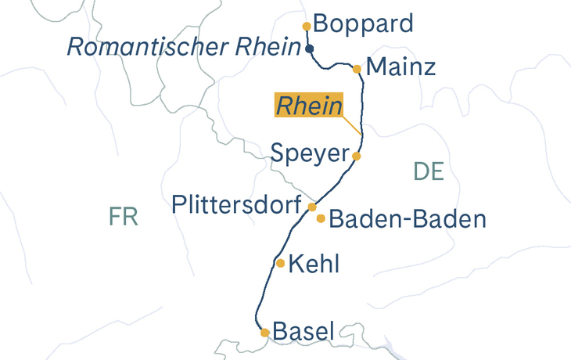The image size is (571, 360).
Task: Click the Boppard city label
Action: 363,23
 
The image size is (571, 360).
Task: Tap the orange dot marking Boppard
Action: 307,26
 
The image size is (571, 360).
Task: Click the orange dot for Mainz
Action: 357,69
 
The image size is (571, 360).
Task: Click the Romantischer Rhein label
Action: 184,47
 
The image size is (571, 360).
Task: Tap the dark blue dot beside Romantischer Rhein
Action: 310,49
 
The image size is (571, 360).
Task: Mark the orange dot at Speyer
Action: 356,157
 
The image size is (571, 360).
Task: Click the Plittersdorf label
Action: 237,206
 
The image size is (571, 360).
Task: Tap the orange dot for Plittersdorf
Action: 312,207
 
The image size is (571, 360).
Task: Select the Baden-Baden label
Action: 408,219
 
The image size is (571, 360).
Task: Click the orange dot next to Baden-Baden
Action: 321,218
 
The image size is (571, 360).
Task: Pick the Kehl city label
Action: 314,265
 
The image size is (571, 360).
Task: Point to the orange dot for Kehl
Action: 280,263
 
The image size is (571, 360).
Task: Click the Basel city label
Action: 303,331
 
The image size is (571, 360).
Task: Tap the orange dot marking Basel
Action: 265,333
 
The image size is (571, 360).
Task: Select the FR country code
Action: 124,217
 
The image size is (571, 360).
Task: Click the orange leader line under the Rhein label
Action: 353,127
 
